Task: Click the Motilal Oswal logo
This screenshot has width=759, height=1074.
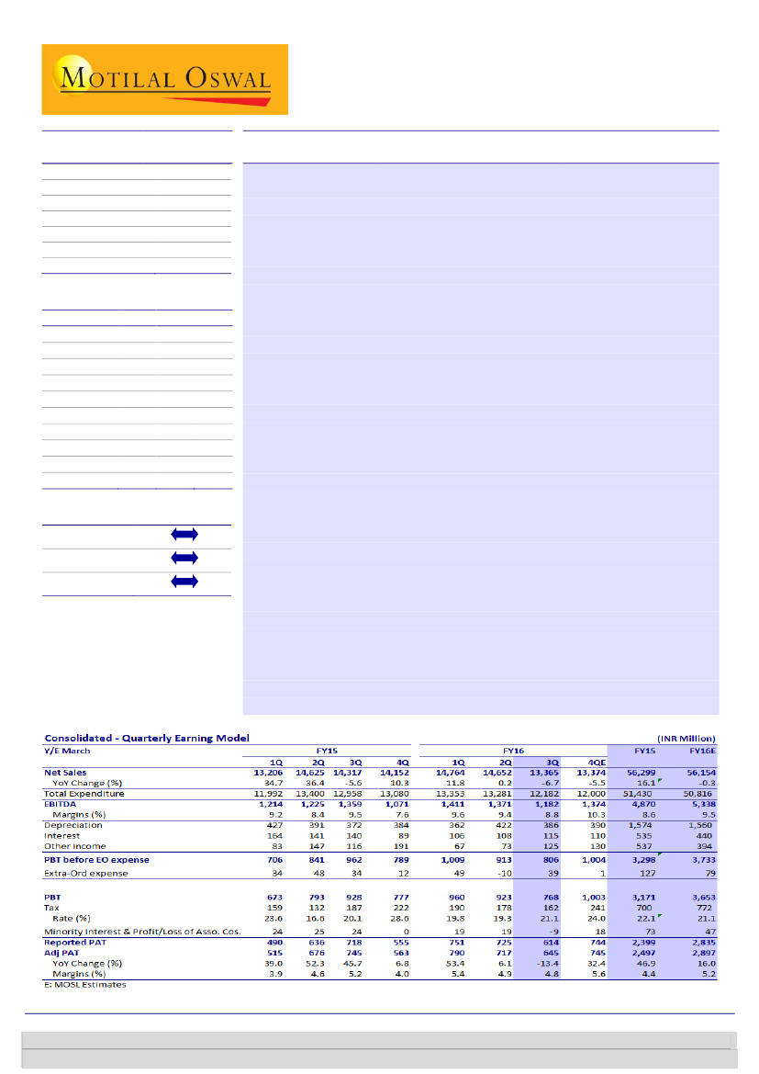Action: [165, 79]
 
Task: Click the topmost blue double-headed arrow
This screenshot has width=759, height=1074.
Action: [184, 534]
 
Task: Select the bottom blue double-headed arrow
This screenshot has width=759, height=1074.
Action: [184, 581]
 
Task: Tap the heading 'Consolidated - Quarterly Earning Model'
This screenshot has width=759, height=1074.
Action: [147, 738]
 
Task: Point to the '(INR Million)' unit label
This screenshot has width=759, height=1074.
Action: [686, 738]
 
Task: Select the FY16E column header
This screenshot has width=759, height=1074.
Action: [701, 750]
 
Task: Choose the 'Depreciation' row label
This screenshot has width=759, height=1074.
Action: [78, 825]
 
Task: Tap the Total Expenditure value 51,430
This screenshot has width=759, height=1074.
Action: [642, 793]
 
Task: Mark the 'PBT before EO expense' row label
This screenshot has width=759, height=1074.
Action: [96, 860]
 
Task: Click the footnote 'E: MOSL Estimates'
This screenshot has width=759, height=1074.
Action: [85, 985]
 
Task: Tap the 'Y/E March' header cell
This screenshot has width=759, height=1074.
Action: [67, 750]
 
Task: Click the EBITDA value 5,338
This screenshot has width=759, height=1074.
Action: [702, 804]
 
